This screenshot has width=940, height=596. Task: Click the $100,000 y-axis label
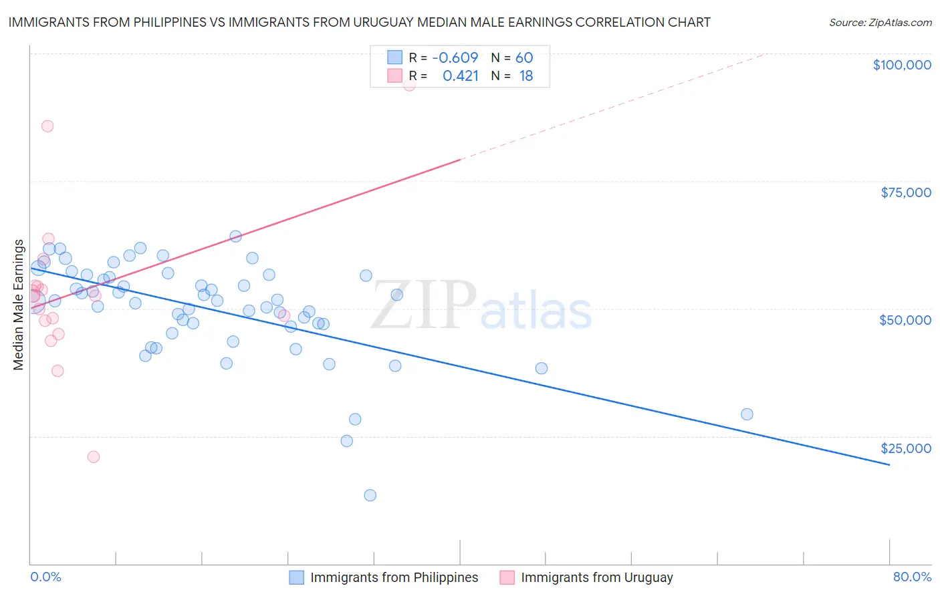pos(902,65)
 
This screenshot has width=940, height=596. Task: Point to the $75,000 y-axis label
pos(906,192)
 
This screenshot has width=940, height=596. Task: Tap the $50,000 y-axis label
pos(905,320)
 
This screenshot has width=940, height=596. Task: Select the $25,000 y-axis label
pos(906,448)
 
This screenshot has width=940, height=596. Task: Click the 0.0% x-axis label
pos(45,577)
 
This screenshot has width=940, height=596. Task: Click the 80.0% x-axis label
pos(912,577)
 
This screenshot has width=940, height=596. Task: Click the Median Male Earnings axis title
pos(19,305)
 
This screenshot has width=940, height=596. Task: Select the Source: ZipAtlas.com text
pos(880,22)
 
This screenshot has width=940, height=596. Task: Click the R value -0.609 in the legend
pos(455,57)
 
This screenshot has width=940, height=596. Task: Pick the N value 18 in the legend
pos(526,76)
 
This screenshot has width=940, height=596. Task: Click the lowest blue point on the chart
pos(370,495)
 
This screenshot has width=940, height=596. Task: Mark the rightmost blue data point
pos(747,414)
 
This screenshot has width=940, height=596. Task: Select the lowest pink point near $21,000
pos(94,457)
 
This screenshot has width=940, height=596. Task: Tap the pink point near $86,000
pos(47,126)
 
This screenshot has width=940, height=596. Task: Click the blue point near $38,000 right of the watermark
pos(542,368)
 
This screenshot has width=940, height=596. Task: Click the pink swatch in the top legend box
pos(395,76)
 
